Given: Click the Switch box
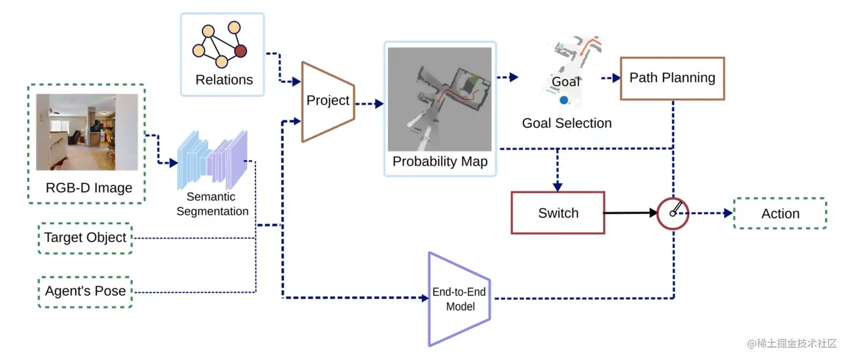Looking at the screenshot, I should pos(557,213).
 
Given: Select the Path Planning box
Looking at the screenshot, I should pos(672,78).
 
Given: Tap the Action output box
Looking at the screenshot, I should pos(780,214).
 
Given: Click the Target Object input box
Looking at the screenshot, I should pos(85,238).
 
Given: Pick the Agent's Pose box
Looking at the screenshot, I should pos(85,292).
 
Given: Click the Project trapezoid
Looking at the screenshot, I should pos(328,101).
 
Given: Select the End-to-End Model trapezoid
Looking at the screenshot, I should pos(459,299).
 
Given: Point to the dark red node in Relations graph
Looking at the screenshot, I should pos(241,52).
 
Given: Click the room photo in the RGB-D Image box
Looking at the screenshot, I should pos(87,132).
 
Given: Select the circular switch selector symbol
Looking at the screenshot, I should pos(672,214).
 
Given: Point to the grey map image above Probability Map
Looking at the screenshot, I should pos(440,99).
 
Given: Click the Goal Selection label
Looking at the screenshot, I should pos(566,123).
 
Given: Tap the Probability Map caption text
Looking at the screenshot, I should pos(440,162).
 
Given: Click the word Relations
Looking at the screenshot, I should pos(224,80).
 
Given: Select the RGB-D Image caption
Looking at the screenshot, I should pos(89,188).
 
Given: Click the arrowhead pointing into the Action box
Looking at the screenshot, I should pos(727,213).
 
